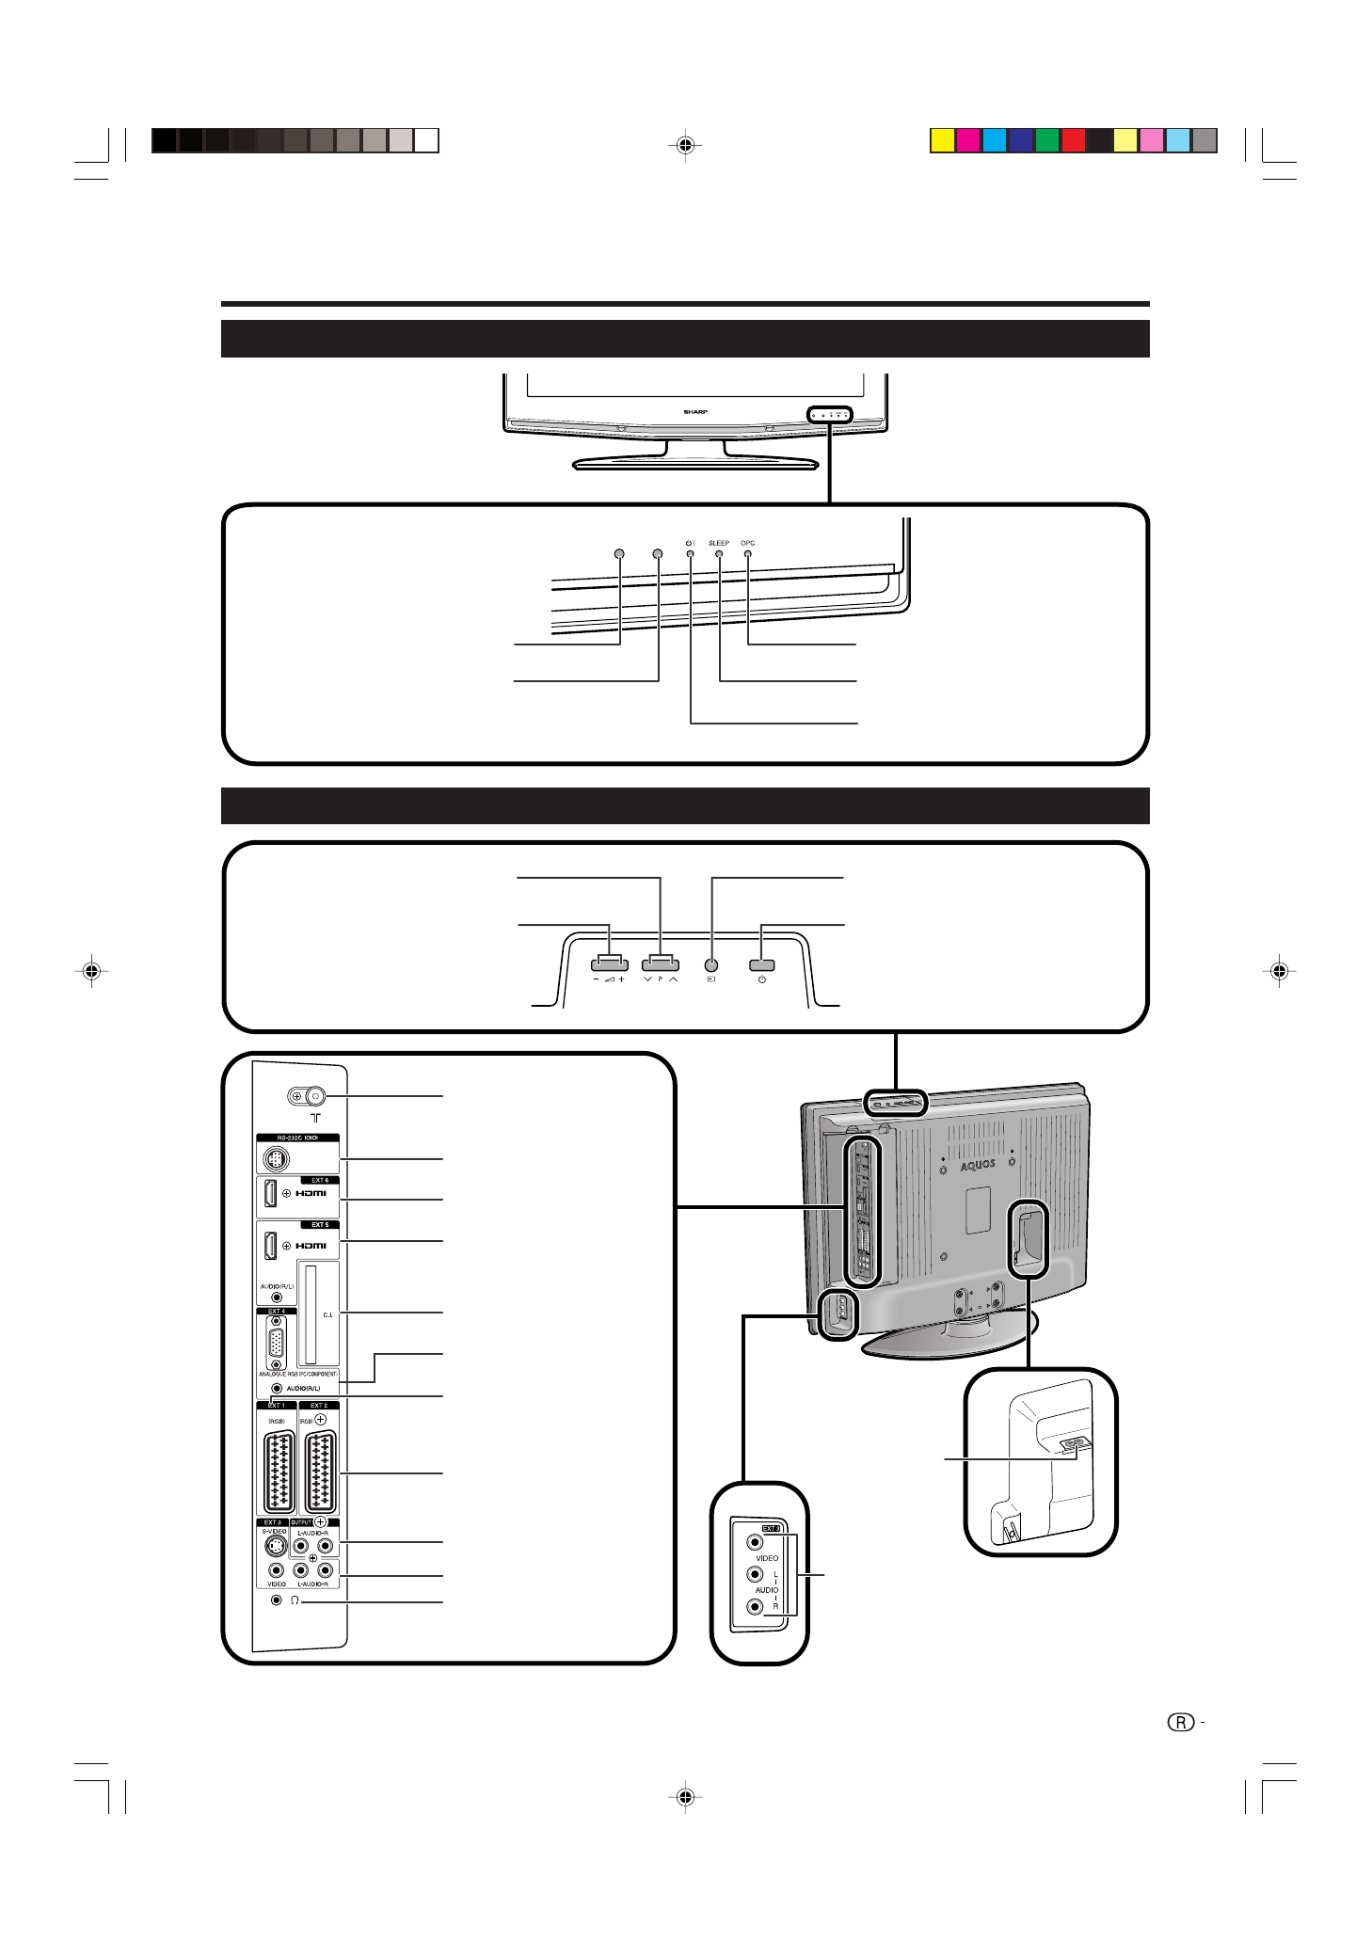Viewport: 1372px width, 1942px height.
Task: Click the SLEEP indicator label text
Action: point(718,543)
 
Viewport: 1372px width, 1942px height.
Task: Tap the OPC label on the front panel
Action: point(747,543)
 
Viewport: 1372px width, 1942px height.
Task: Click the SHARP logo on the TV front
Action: point(695,412)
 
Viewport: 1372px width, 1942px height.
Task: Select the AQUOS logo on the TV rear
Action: point(978,1165)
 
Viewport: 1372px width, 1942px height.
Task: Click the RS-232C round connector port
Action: point(276,1158)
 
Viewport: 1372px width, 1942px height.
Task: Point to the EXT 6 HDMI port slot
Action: point(271,1194)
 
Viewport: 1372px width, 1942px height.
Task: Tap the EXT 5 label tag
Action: point(320,1225)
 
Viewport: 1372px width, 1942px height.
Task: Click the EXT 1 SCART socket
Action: point(278,1473)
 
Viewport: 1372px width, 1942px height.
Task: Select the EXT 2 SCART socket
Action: point(320,1473)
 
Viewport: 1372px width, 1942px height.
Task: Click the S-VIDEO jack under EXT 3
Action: point(275,1546)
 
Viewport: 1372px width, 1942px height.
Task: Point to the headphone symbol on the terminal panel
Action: point(295,1600)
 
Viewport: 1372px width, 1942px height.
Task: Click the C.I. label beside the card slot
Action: point(327,1314)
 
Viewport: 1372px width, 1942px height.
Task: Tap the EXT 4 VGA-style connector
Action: point(276,1344)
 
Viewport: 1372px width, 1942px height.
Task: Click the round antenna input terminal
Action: point(315,1096)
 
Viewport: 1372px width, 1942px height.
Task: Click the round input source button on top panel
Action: point(711,964)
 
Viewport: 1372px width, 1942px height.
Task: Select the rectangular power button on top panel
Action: point(761,964)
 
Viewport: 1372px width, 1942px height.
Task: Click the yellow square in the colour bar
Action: point(942,141)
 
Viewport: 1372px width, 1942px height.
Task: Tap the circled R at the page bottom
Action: point(1180,1723)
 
